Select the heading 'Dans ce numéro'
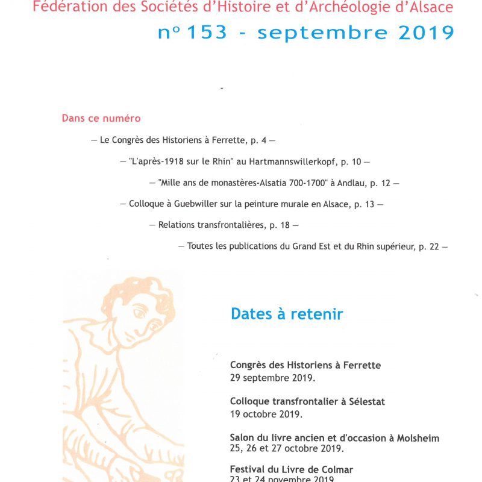click(x=101, y=118)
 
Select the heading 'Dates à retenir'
click(x=287, y=314)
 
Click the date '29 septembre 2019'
click(x=272, y=378)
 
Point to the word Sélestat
click(x=365, y=401)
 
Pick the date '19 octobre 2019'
click(x=266, y=414)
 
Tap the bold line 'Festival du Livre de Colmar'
click(x=291, y=469)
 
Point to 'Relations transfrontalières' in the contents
click(x=211, y=225)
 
